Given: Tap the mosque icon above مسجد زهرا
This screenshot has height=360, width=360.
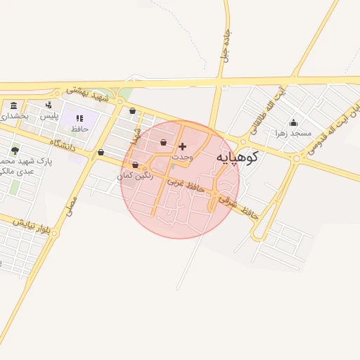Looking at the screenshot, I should (x=293, y=122).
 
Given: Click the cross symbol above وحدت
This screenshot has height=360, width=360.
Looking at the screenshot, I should (x=183, y=147).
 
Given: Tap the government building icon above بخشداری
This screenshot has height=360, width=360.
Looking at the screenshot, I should (x=14, y=105).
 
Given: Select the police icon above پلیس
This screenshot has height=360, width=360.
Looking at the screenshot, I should (x=48, y=105).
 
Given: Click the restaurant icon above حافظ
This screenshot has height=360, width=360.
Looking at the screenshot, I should (x=79, y=118).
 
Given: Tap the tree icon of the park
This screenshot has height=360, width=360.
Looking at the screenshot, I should (x=15, y=150).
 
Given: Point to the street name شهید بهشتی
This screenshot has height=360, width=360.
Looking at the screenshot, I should (x=88, y=94).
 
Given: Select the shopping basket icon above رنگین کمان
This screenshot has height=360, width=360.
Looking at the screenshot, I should (x=135, y=165).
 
